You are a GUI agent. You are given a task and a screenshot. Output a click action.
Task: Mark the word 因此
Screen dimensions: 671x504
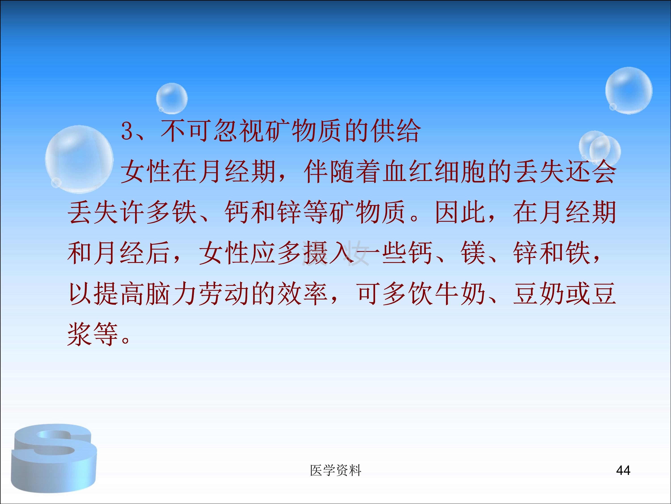pyautogui.click(x=461, y=212)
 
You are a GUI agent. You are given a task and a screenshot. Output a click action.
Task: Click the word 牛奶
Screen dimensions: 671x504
pyautogui.click(x=461, y=293)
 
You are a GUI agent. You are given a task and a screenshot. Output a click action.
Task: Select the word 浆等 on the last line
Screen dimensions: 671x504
pyautogui.click(x=93, y=334)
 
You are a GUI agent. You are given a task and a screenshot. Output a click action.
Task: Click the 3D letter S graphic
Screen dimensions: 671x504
pyautogui.click(x=54, y=458)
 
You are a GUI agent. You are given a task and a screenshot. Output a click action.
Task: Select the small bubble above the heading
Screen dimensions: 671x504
pyautogui.click(x=172, y=98)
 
